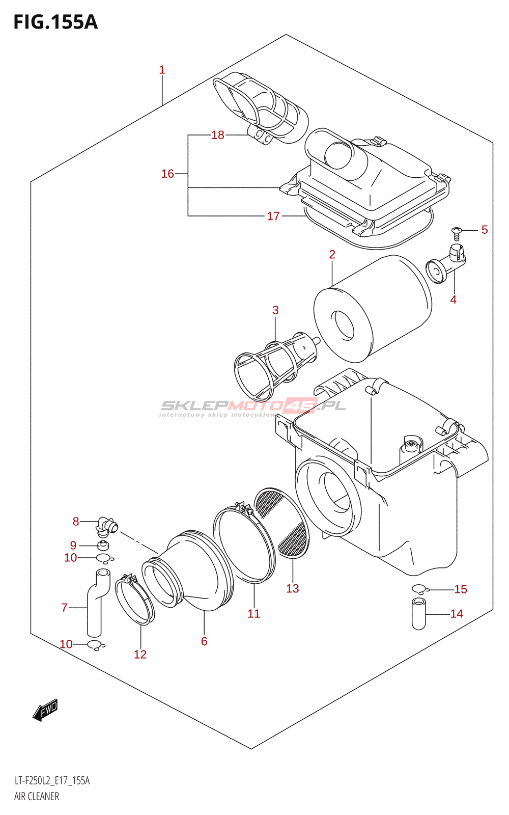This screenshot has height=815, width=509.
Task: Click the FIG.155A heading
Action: tap(55, 22)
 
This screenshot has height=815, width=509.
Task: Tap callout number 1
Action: tap(162, 70)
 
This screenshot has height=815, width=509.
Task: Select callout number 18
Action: tap(218, 135)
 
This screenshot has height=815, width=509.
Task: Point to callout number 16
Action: tap(167, 174)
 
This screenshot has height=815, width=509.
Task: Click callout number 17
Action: tap(273, 216)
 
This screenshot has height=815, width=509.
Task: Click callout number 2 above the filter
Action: tap(332, 254)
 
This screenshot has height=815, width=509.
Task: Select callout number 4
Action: tap(453, 300)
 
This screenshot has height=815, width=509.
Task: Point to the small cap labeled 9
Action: tap(104, 546)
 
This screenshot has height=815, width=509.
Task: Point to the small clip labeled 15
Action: tap(420, 589)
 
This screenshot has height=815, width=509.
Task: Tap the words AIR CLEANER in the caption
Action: tap(36, 797)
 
